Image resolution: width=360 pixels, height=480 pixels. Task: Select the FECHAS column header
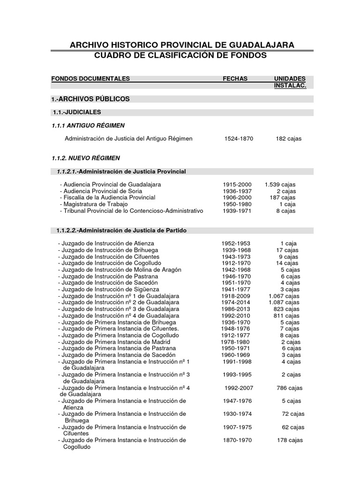click(x=235, y=79)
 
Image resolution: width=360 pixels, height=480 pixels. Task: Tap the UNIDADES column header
click(x=290, y=79)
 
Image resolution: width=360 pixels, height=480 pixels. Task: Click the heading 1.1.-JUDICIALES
click(x=77, y=112)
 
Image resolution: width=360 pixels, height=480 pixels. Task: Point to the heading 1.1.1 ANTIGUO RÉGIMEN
click(x=88, y=126)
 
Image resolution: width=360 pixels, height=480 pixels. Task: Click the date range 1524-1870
click(x=239, y=139)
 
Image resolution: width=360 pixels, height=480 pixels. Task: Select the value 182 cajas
click(x=289, y=139)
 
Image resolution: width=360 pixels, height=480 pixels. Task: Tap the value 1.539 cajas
click(x=280, y=185)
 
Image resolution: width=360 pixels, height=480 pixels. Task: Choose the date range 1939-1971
click(x=237, y=211)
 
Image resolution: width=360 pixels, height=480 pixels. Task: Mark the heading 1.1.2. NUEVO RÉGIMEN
click(x=86, y=158)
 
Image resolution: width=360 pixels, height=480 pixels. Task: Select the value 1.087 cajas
click(x=284, y=303)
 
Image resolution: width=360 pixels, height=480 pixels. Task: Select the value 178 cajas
click(x=290, y=440)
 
